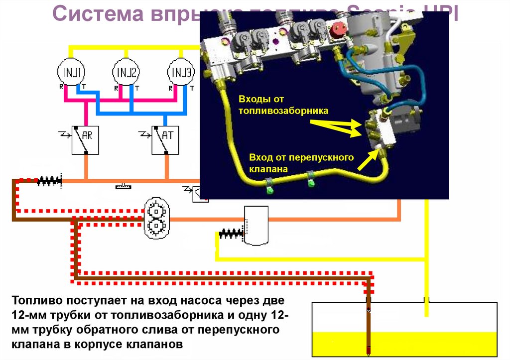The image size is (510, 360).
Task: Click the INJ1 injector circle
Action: point(72,73)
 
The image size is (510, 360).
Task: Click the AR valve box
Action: point(86,140)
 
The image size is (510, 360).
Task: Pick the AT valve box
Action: point(165,140)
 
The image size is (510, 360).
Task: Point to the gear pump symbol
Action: point(157,218)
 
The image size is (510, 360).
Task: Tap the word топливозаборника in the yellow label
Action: point(283,110)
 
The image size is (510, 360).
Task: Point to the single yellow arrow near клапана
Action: point(369,159)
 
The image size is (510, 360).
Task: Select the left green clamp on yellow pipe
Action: point(269,188)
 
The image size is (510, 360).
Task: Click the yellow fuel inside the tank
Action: point(404,344)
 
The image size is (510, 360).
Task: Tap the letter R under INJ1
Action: point(61,87)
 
